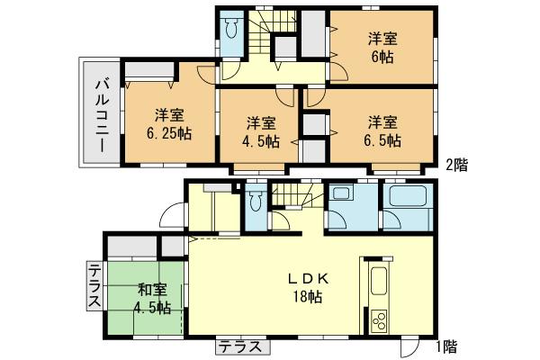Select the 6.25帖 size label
170,133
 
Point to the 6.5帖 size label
382,140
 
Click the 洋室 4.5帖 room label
260,132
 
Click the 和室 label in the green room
152,290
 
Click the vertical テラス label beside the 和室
94,286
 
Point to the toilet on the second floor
231,31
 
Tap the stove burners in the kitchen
378,319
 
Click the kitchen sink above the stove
378,282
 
